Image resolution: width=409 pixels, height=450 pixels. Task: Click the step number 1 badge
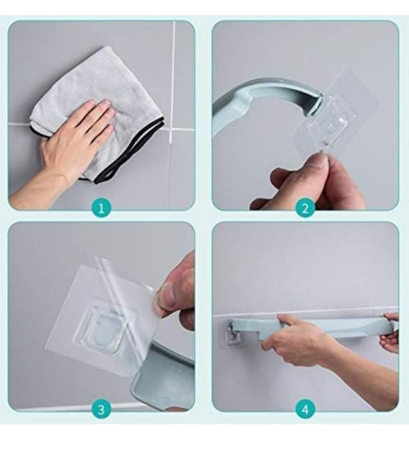101,208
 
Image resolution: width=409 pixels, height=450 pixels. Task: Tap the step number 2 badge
305,208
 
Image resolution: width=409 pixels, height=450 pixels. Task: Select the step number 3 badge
101,409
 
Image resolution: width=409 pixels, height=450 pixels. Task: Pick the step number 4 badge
305,409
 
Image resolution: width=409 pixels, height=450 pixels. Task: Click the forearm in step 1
35,192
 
